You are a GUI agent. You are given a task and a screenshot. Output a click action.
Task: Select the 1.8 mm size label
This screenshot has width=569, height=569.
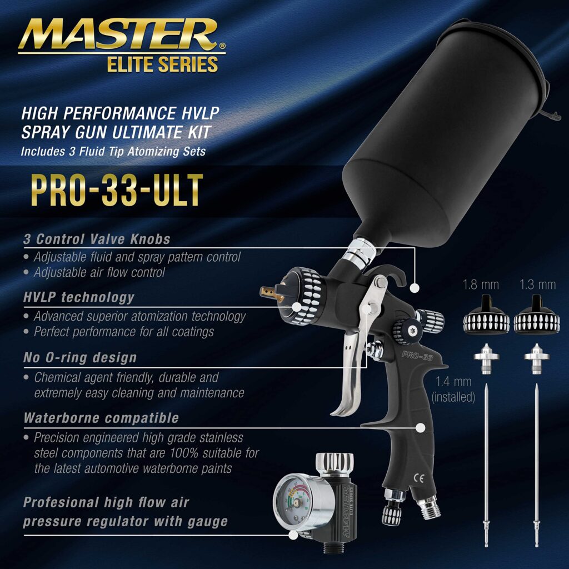coord(481,284)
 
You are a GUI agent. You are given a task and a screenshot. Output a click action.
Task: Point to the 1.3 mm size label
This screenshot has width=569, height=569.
coord(537,284)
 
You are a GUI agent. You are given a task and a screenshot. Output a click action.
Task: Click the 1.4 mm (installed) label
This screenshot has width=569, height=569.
coord(453,390)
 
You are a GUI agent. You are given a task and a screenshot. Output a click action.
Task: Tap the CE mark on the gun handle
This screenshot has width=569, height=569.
coord(418,478)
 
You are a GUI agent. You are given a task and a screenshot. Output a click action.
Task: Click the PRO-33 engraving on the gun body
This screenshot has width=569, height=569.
coord(417,356)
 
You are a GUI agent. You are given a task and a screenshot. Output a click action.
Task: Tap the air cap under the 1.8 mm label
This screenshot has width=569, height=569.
coord(481,315)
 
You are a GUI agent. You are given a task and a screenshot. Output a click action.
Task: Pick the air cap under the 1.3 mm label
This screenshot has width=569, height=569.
coord(537,315)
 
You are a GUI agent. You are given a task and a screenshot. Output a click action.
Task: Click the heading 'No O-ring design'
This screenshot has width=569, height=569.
coord(80,358)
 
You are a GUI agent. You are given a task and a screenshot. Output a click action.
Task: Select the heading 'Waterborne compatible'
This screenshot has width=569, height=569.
coord(101,418)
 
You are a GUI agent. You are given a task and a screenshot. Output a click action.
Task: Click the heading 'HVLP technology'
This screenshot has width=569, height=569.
coord(79,298)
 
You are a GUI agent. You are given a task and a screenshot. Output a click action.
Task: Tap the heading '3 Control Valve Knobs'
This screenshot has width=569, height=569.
coord(97,239)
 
